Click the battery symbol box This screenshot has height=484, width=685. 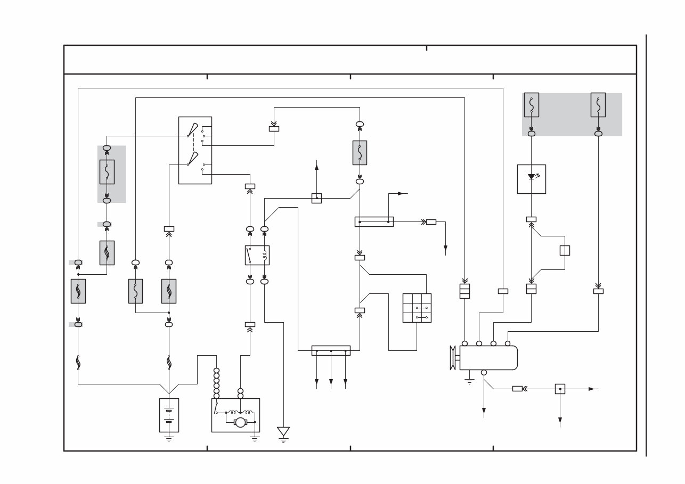coord(169,415)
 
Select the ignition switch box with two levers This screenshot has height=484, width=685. coord(195,150)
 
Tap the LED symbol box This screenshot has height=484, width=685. coord(532,179)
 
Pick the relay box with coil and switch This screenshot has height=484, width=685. coord(257,255)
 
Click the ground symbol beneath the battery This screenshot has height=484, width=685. coord(169,438)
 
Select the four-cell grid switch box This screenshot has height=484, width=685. coord(417,308)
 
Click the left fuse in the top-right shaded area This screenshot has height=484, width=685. coord(531,105)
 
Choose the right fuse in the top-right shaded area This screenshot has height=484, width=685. coord(598,105)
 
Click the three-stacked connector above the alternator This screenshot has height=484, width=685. coord(464,291)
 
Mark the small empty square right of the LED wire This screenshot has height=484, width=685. coord(565,250)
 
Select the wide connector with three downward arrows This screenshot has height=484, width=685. coord(331,350)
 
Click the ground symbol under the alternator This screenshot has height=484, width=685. coord(469,381)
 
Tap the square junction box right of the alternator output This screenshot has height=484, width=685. coord(560,389)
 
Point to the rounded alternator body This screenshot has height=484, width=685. coord(488,358)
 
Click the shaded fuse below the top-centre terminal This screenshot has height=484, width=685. coord(360,153)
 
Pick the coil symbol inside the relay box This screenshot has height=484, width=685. coord(263,255)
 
